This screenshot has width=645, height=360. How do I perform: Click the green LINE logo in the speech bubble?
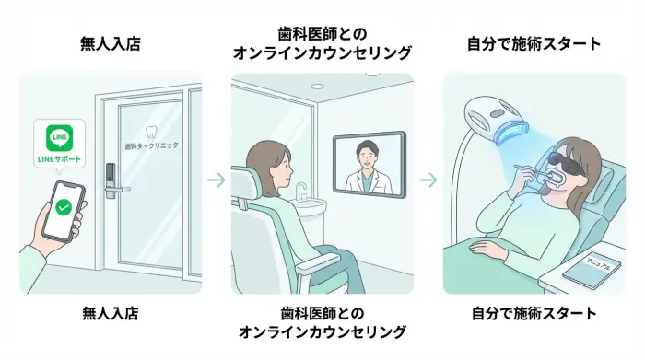tap(59, 139)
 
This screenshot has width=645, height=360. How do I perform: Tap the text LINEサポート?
tap(58, 159)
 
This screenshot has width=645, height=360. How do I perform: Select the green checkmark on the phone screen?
tap(64, 209)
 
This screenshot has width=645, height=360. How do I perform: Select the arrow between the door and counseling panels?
tap(216, 180)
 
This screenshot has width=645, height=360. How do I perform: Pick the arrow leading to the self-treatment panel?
tap(428, 180)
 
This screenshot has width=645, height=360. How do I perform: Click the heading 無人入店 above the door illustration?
tap(110, 43)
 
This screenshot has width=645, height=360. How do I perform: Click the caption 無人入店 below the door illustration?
tap(110, 314)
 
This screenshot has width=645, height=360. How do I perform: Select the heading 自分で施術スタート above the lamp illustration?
tap(534, 43)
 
